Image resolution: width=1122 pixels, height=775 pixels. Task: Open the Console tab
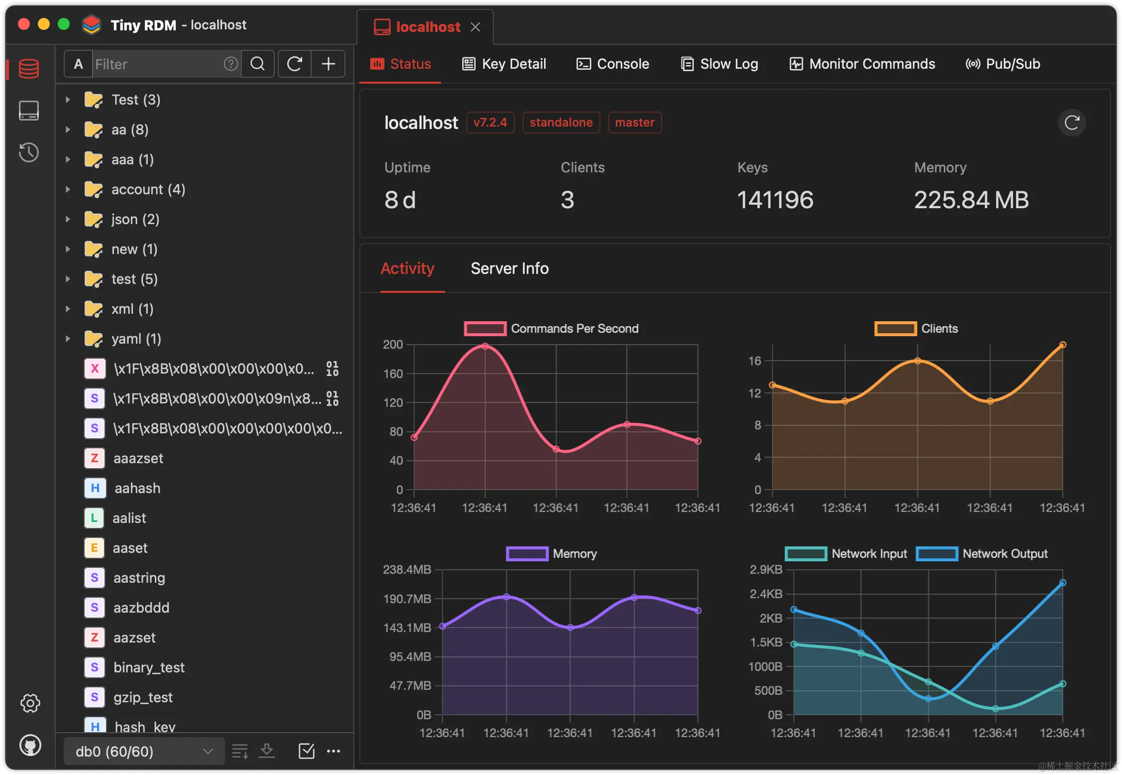[613, 64]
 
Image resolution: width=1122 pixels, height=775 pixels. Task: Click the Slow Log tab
[720, 64]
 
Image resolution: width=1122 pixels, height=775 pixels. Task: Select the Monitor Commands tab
[862, 64]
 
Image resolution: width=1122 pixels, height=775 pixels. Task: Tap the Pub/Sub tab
[1003, 64]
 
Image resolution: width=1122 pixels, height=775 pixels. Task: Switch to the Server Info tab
[510, 268]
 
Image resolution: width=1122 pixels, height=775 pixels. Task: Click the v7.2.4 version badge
[490, 123]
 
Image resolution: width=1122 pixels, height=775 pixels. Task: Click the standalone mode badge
[561, 123]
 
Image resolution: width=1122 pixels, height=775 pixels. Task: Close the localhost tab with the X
[475, 27]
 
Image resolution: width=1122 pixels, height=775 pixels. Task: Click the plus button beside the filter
[329, 64]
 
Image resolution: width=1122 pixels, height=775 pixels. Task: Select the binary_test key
[149, 667]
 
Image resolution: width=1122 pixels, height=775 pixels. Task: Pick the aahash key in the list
[137, 488]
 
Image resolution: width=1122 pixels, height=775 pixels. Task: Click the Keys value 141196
[775, 200]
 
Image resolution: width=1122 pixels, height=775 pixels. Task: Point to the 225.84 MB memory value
[971, 200]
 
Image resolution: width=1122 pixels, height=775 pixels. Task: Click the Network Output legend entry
[982, 553]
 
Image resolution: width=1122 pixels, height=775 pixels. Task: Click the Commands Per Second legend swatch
[485, 329]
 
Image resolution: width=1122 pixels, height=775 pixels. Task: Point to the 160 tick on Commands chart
[393, 374]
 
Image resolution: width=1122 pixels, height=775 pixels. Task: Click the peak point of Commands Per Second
[485, 346]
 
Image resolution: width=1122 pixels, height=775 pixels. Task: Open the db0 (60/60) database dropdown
[144, 751]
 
